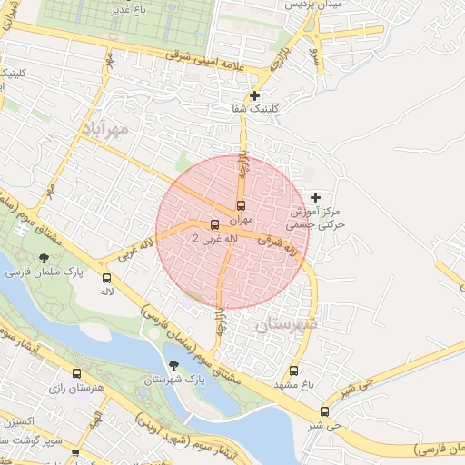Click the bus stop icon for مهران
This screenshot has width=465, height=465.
[241, 205]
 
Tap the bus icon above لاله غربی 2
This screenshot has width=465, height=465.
[214, 224]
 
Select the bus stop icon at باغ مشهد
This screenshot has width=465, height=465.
[293, 371]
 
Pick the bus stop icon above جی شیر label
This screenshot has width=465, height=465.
[325, 411]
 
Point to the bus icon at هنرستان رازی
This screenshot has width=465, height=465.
[76, 373]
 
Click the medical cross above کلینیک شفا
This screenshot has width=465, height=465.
[255, 95]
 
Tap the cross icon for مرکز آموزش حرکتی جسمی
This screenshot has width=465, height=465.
[315, 197]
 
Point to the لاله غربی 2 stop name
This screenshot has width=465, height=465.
[214, 238]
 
